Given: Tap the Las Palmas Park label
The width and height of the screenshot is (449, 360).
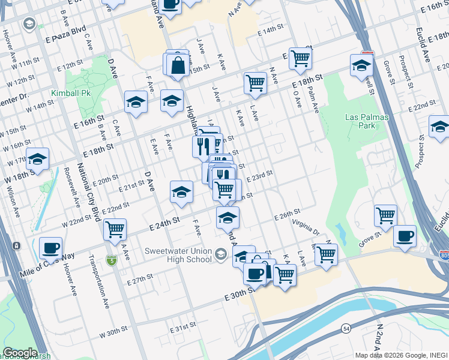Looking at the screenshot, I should coord(359,121).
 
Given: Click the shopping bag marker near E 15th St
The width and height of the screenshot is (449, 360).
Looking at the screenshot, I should coord(178,65).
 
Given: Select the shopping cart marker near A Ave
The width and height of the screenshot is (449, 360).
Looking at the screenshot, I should coord(115,229).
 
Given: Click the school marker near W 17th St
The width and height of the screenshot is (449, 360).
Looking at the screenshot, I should coord(38,159).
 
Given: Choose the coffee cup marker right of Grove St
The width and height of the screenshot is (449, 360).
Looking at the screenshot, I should coord(405,235).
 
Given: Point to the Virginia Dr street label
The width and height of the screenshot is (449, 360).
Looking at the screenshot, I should coord(306,227).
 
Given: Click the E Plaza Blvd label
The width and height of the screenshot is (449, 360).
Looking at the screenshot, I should coord(66,35).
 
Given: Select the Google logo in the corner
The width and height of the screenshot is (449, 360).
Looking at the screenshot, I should coord(19,353).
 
